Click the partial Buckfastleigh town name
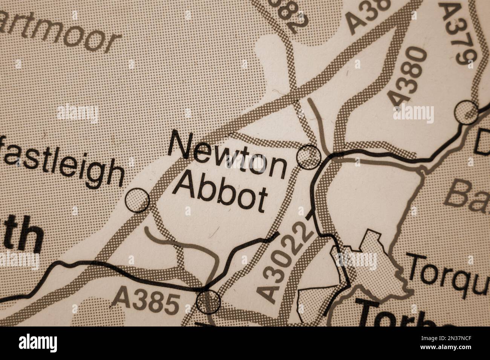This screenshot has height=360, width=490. coord(62,165)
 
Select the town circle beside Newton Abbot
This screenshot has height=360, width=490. coord(309,156)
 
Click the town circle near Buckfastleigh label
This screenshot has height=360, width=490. coord(137,200)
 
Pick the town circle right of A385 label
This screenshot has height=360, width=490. coord(208,301)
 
